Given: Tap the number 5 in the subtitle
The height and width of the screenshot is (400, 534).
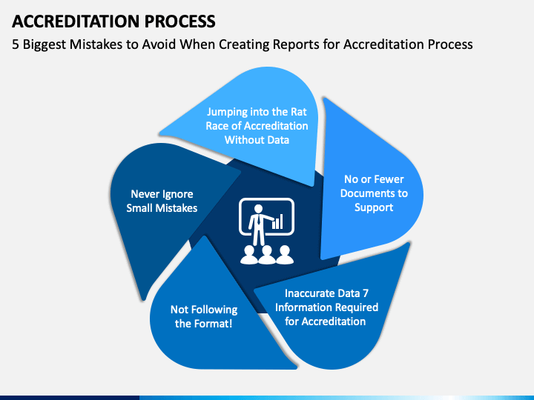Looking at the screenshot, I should click(15, 44).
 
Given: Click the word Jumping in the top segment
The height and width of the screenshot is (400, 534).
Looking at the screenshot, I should click(228, 113).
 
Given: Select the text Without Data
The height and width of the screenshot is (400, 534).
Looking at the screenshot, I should click(257, 139).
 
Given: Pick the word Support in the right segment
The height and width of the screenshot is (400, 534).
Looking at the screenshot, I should click(374, 207).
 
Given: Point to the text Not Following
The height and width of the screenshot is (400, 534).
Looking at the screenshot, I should click(204, 310).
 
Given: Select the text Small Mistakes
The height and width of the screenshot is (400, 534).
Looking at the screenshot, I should click(162, 208).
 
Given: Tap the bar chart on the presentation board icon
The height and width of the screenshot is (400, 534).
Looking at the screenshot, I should click(277, 221).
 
